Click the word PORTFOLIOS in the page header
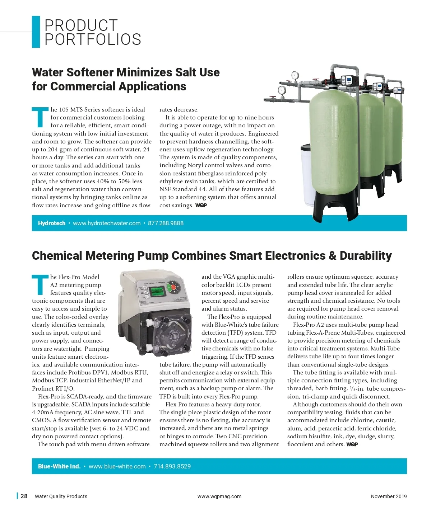pyautogui.click(x=93, y=39)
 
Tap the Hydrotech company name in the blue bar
pyautogui.click(x=52, y=223)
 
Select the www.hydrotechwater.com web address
pyautogui.click(x=107, y=223)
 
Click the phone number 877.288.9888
pyautogui.click(x=166, y=223)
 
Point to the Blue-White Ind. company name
pyautogui.click(x=59, y=466)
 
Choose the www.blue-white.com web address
pyautogui.click(x=117, y=466)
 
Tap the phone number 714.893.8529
pyautogui.click(x=172, y=466)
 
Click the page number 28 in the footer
pyautogui.click(x=24, y=496)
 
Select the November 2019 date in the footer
pyautogui.click(x=389, y=496)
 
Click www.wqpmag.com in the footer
pyautogui.click(x=219, y=496)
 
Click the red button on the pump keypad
pyautogui.click(x=173, y=287)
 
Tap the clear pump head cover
pyautogui.click(x=169, y=334)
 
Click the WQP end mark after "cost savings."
pyautogui.click(x=201, y=206)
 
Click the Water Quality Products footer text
pyautogui.click(x=61, y=496)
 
